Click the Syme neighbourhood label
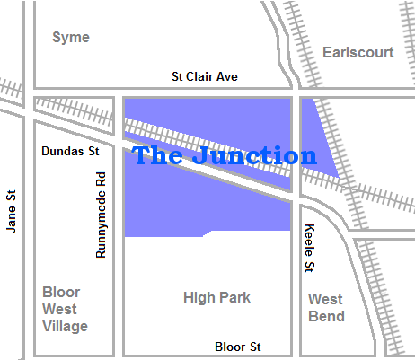71,37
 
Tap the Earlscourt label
358,52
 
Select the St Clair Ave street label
205,77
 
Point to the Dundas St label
70,152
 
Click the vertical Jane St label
12,211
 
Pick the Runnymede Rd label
102,215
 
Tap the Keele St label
309,248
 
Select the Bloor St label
238,347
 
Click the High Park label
216,297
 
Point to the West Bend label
326,307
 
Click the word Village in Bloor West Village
66,326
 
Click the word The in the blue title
158,155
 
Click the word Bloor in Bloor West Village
62,292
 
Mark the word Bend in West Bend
326,316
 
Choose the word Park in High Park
234,297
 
